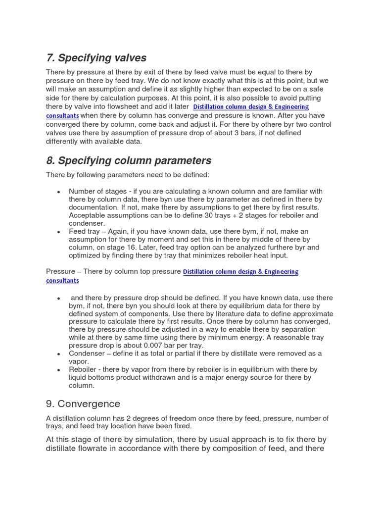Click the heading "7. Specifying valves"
[x=96, y=58]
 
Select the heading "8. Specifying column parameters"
[x=128, y=160]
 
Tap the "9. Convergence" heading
[x=83, y=404]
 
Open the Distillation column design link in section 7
[x=250, y=107]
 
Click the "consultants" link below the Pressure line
[x=62, y=281]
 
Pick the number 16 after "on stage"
[x=136, y=247]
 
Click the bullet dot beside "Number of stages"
[x=58, y=192]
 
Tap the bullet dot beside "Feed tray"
[x=58, y=232]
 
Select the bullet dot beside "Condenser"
[x=58, y=354]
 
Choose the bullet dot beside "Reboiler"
[x=58, y=370]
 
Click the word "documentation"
[x=93, y=207]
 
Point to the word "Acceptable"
[x=87, y=215]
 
